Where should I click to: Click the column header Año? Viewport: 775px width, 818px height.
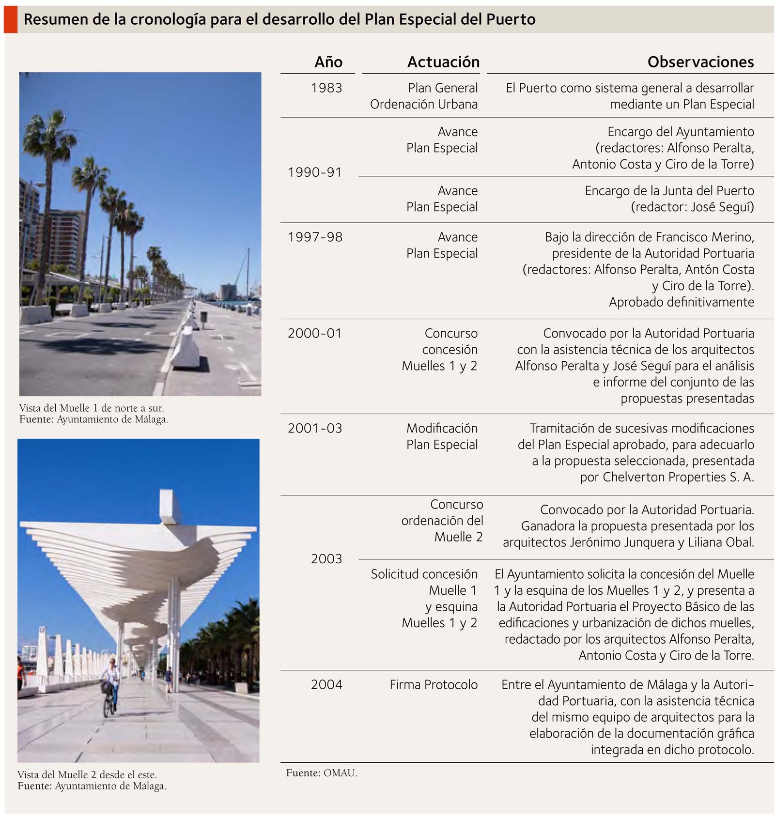pos(328,62)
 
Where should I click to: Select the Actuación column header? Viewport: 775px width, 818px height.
pos(443,62)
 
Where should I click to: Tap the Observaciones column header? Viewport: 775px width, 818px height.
pos(700,62)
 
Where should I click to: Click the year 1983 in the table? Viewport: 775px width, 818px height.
pos(326,88)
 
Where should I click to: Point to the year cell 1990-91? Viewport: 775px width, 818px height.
pos(314,172)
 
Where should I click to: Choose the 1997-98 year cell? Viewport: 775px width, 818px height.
pos(315,237)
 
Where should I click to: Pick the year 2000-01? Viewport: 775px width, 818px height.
pos(314,334)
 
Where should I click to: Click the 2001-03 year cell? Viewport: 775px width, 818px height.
pos(314,429)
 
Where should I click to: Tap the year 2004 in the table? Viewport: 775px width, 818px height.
pos(326,685)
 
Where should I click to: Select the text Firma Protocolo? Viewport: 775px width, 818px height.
pos(433,685)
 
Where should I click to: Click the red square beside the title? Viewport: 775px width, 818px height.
pos(11,19)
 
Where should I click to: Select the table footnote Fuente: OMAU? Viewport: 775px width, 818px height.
pos(321,773)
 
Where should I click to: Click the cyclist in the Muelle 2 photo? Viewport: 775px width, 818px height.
pos(111,686)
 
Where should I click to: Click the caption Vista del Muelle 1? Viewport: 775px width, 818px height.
pos(92,408)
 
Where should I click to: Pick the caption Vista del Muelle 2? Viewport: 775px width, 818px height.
pos(87,775)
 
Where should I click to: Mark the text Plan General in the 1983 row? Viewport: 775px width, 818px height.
pos(442,88)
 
